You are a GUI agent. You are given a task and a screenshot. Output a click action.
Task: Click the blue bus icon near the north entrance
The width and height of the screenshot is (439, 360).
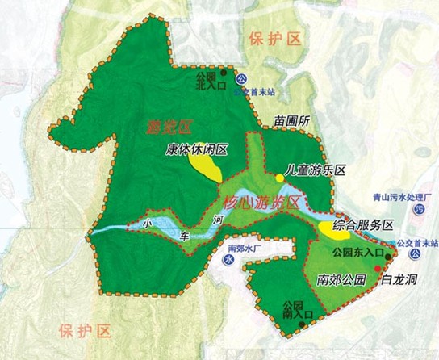[240, 79]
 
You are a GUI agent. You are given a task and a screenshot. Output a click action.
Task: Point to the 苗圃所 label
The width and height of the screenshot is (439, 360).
[292, 121]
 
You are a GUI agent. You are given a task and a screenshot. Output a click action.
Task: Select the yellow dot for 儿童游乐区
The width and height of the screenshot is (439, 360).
[280, 177]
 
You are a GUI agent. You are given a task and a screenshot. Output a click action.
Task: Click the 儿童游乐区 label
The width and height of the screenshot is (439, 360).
[316, 171]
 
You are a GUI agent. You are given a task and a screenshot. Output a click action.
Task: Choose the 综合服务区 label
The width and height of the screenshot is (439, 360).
[366, 224]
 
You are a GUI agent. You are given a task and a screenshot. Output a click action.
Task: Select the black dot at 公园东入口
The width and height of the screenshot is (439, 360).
[387, 257]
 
